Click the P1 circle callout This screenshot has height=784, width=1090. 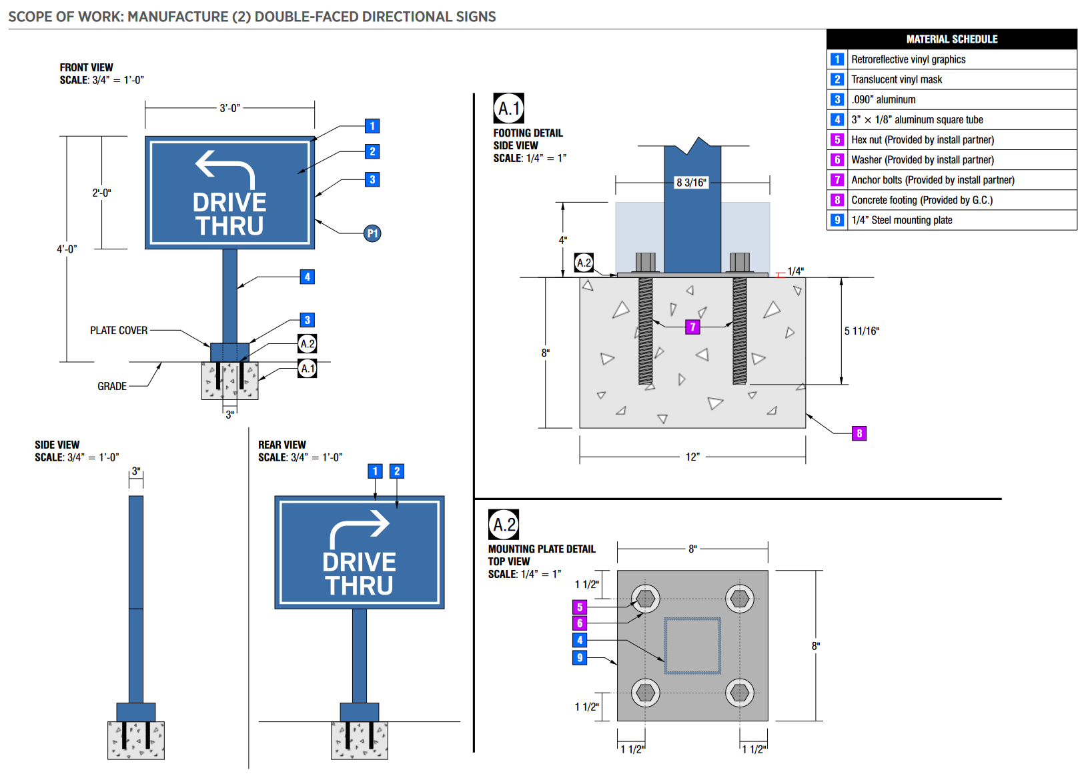372,233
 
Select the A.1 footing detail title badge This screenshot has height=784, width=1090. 508,108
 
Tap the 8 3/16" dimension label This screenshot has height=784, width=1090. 691,183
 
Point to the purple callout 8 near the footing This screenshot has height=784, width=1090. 859,433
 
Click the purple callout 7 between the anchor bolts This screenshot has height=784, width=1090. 692,327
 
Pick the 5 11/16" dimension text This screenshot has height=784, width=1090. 861,331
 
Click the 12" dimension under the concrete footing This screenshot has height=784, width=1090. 692,457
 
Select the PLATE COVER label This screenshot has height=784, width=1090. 119,331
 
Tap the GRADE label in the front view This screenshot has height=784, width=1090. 112,387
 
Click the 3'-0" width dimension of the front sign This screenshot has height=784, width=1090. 229,108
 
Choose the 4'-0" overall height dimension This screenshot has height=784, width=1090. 67,249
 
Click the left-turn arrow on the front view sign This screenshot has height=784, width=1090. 225,169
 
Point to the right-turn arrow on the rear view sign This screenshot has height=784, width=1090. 360,528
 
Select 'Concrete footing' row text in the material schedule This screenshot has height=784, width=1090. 921,200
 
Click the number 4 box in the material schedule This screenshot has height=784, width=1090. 837,120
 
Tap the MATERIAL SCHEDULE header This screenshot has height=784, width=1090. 951,39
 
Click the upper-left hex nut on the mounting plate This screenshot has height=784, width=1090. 645,599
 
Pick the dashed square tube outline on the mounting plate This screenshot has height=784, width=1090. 692,645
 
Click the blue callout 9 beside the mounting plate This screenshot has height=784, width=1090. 580,658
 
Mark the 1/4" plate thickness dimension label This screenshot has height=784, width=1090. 795,271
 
